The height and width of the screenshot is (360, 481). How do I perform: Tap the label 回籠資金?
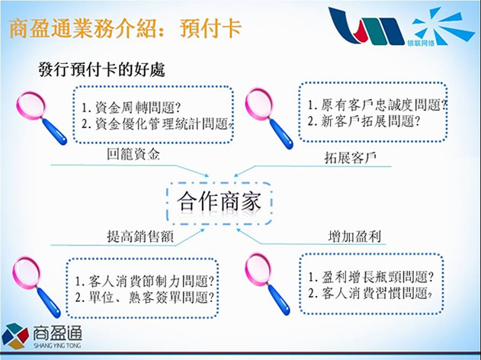[133, 154]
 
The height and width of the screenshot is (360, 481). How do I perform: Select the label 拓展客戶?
[351, 158]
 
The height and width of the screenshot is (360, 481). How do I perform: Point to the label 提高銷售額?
[140, 236]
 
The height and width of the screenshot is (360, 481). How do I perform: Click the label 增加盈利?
[354, 236]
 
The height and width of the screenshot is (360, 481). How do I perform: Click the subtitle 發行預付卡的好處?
[102, 69]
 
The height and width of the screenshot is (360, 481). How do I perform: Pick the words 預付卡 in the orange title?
[211, 29]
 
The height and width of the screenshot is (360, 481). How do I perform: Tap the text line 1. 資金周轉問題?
[131, 108]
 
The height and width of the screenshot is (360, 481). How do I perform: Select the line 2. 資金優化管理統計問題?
[157, 124]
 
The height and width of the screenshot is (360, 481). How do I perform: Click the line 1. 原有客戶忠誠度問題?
[377, 105]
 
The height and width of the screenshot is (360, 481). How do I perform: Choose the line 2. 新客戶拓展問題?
[364, 121]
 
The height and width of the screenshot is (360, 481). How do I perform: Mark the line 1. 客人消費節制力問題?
[144, 281]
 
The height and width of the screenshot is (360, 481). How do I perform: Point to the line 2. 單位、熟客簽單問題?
[144, 297]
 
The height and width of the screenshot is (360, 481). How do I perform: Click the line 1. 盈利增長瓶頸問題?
[370, 277]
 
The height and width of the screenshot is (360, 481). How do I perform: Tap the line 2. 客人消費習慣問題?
[370, 293]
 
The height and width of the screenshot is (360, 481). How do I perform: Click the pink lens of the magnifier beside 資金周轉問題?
[30, 105]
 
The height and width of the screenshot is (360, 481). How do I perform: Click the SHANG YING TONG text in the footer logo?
[57, 346]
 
